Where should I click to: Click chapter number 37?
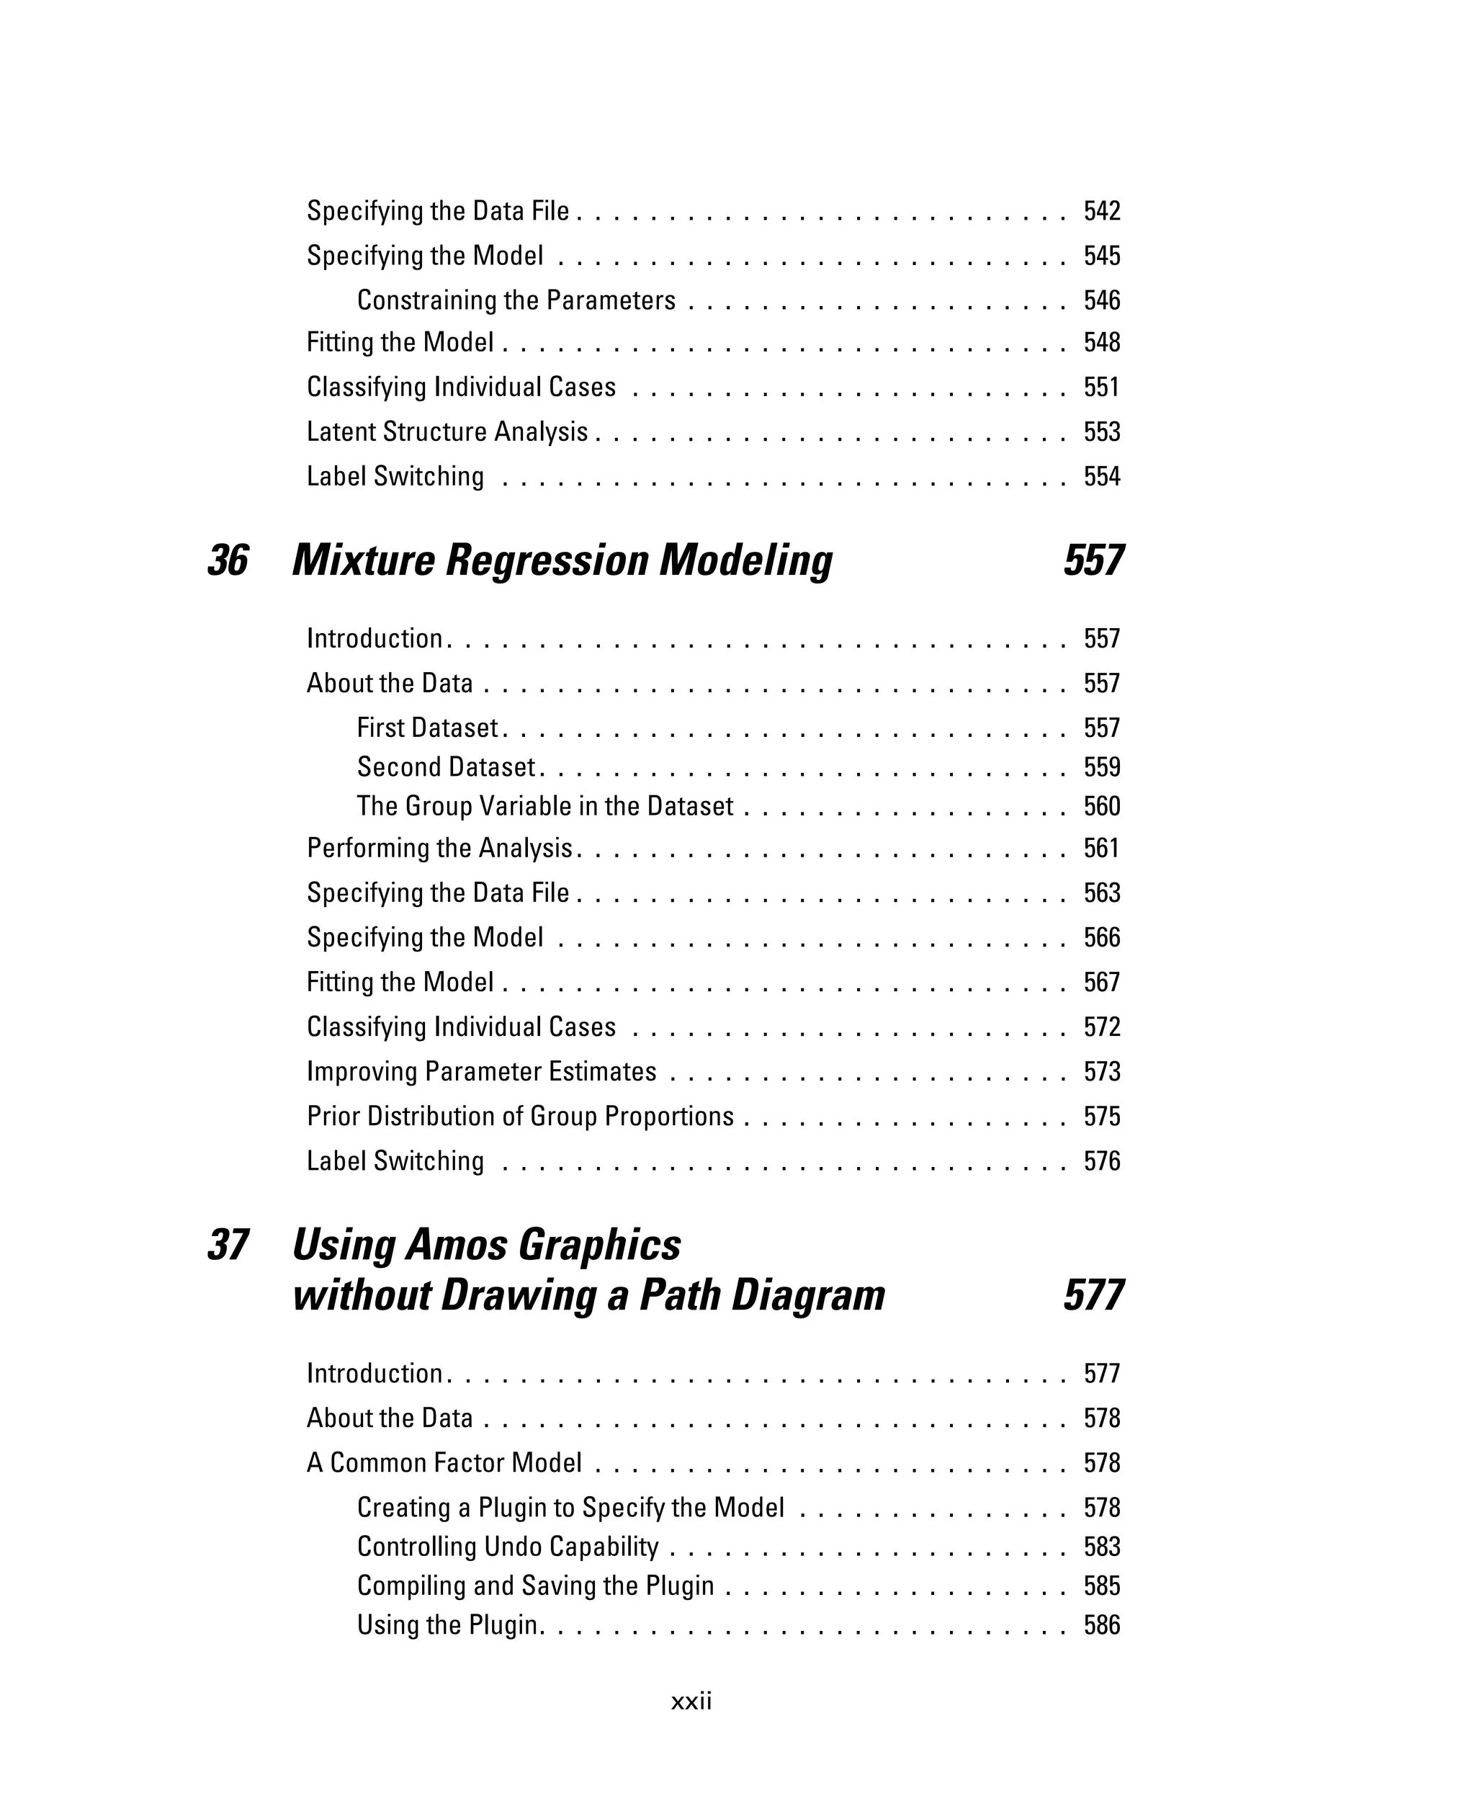point(228,1245)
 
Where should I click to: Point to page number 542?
point(1101,211)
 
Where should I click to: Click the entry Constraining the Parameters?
point(516,300)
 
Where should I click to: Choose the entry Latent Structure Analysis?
point(447,431)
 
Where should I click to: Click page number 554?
point(1101,476)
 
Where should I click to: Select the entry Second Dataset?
point(446,766)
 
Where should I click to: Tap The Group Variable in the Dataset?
point(544,805)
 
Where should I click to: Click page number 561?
point(1101,848)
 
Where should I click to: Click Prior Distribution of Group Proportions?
point(520,1116)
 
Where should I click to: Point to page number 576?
point(1101,1161)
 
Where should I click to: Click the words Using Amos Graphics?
point(486,1245)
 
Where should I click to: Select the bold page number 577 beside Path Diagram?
point(1093,1295)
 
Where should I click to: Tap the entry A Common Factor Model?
point(444,1462)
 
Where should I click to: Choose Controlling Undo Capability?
point(507,1546)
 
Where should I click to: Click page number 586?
point(1101,1625)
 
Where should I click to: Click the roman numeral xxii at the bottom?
point(691,1701)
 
